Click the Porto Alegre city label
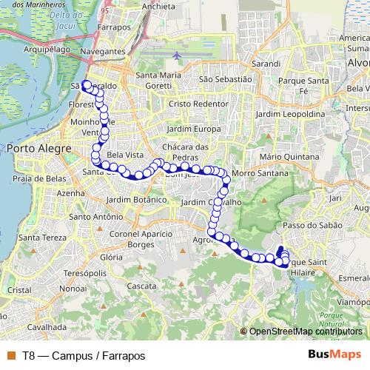click(38, 149)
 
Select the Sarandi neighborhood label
click(266, 64)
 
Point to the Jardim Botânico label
click(133, 200)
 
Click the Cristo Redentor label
click(198, 104)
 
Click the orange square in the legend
click(10, 355)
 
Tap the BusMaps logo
click(334, 354)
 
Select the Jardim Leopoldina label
click(289, 115)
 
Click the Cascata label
click(142, 285)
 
